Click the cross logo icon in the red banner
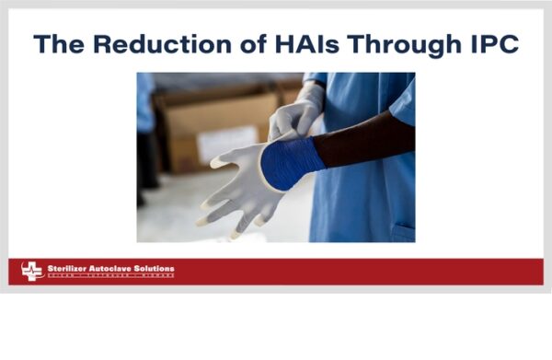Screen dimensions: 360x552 32,271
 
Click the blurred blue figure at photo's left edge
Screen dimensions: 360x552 145,138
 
